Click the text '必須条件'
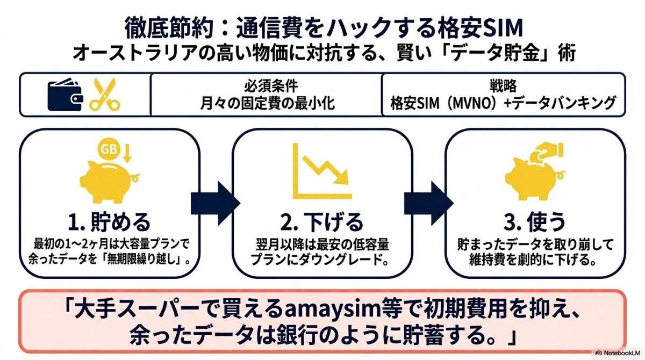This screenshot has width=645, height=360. tap(267, 86)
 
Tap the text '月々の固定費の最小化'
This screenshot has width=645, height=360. tap(267, 103)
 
